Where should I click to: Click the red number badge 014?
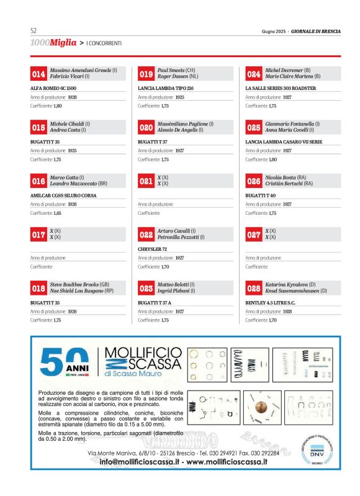coord(38,74)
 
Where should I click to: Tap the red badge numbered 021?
coord(146,181)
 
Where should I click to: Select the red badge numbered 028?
coord(254,288)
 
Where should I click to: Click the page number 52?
coord(34,30)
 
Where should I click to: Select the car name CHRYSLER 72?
coord(152,249)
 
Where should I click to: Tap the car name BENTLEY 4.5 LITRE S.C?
coord(270,302)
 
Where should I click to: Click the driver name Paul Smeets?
coord(171,70)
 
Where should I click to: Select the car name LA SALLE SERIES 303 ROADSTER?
coord(281,88)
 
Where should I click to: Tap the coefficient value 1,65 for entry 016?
coord(57,213)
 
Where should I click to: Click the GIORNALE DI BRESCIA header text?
coord(316,31)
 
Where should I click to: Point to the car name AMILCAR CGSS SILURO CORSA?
coord(63,196)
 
